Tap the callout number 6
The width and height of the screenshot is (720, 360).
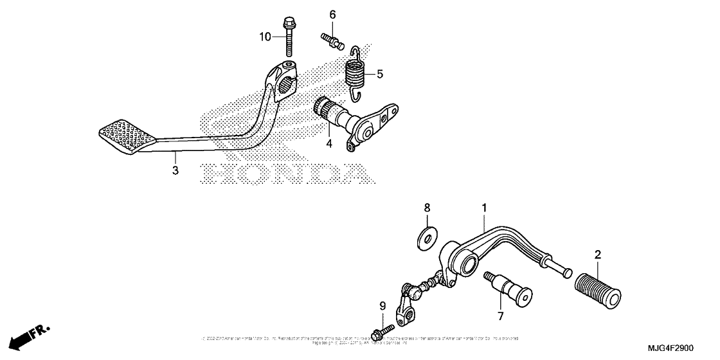click(333, 15)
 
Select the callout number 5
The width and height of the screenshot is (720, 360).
click(379, 74)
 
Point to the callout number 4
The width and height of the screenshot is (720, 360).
click(329, 143)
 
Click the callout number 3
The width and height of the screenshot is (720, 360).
click(175, 170)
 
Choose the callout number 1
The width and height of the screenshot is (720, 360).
click(484, 208)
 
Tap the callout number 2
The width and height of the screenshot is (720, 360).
click(597, 255)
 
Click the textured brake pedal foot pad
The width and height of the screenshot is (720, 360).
click(127, 134)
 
